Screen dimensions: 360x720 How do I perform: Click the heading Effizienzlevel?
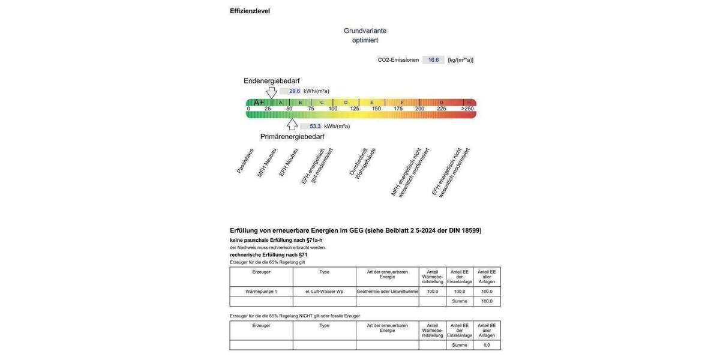(250, 11)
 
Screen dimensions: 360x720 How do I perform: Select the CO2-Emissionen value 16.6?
(433, 60)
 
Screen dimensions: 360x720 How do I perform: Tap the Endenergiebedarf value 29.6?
(294, 91)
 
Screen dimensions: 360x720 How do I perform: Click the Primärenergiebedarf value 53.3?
(315, 127)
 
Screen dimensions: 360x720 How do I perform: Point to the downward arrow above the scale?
(272, 92)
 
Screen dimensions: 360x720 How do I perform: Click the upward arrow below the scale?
(292, 124)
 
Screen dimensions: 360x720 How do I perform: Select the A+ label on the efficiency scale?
(259, 102)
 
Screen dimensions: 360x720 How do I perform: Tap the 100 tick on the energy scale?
(333, 109)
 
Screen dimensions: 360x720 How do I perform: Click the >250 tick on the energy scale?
(467, 109)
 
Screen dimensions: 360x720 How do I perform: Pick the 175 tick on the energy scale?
(398, 109)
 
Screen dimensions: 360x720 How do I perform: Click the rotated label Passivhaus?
(245, 161)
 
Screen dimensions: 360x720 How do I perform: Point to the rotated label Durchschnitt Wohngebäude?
(362, 163)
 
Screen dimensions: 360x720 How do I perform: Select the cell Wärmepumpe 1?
(261, 292)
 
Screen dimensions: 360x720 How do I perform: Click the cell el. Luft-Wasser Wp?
(324, 292)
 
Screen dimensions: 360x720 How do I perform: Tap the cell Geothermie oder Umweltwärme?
(387, 292)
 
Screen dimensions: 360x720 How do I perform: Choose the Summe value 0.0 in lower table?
(487, 345)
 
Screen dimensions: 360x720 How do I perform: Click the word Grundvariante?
(365, 31)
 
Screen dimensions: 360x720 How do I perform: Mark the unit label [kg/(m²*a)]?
(460, 60)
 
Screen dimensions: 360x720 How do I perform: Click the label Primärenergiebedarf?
(292, 137)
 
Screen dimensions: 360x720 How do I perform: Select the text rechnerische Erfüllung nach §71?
(268, 255)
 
